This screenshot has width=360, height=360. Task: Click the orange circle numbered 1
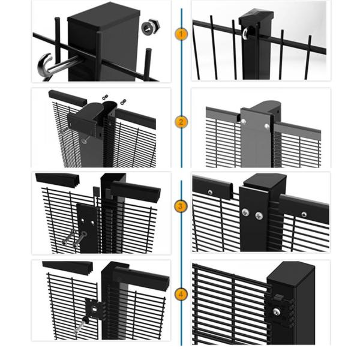pos(181,34)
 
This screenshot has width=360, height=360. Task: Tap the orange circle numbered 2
pos(181,122)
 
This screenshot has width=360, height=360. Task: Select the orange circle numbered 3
pos(181,206)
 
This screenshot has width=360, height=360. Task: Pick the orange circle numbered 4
pos(181,295)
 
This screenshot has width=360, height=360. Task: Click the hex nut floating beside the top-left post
pos(150,26)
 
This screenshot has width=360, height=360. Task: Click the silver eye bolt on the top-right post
pos(247,33)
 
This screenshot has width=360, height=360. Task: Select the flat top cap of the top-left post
pos(104,16)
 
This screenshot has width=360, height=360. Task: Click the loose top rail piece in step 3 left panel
pos(58,180)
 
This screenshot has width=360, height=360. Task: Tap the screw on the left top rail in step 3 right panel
pos(210,193)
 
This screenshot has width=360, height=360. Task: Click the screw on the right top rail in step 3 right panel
pos(304,215)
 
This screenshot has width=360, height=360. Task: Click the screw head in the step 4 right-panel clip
pos(277,312)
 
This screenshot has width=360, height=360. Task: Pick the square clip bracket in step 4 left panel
pos(94,309)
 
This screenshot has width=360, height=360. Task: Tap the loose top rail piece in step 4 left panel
pos(68,268)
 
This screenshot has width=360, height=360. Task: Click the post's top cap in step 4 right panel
pos(291,274)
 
